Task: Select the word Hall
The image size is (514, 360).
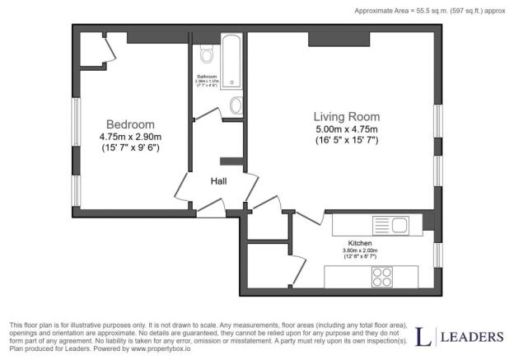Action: (217, 181)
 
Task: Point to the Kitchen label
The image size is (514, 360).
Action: (360, 244)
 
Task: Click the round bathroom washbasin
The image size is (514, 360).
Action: (236, 105)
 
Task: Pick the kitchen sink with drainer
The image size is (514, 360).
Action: (390, 223)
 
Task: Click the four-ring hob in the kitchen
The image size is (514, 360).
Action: (382, 277)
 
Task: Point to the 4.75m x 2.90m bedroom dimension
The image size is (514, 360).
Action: (130, 137)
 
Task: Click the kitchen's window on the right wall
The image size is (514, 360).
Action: (437, 253)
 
